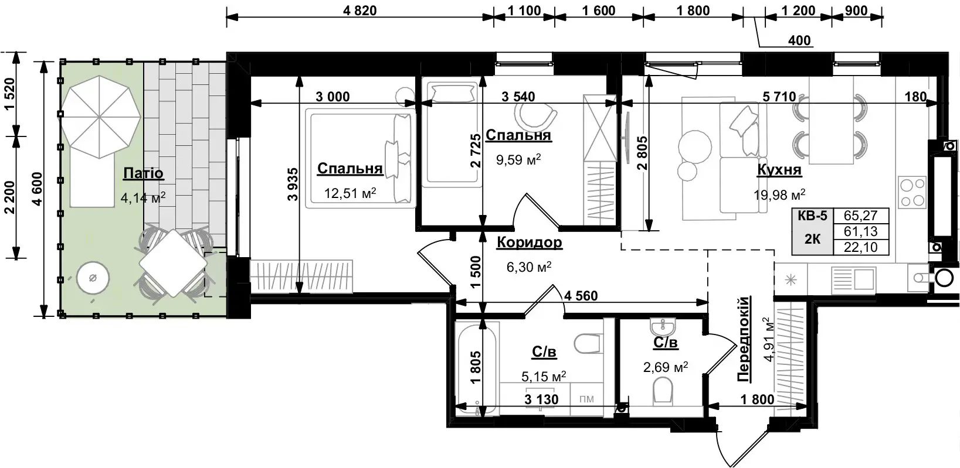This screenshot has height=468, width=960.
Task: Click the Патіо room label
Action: [x=143, y=173]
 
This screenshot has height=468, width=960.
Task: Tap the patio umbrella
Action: [x=100, y=117]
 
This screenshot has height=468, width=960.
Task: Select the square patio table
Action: [x=173, y=264]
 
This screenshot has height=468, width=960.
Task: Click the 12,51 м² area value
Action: [x=350, y=193]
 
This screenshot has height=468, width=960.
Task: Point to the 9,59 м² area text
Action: [x=518, y=160]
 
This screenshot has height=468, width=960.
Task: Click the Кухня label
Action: [x=779, y=169]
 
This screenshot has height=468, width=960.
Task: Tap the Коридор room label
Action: [x=530, y=242]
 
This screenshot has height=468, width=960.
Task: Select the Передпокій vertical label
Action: [x=743, y=339]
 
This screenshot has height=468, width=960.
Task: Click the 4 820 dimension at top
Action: [x=359, y=11]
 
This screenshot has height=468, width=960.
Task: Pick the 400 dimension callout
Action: [x=799, y=40]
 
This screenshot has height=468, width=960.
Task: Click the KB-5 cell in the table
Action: [x=812, y=216]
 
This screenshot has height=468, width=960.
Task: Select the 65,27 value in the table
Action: [x=860, y=216]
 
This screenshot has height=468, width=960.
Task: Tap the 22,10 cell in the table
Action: [x=860, y=247]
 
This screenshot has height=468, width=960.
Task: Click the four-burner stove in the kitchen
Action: [x=912, y=192]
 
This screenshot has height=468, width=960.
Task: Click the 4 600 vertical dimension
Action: [x=38, y=189]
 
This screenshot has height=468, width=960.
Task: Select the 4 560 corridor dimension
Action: [x=581, y=296]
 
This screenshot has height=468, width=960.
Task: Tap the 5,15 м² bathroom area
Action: [x=544, y=377]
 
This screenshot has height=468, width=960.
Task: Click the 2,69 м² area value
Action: [x=666, y=367]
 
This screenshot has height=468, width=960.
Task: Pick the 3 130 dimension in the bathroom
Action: [x=541, y=399]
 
